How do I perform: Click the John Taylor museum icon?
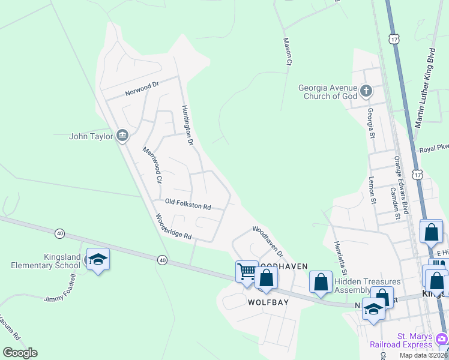tap(122, 136)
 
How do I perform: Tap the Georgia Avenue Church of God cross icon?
tap(366, 92)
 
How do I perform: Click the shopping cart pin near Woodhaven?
tap(247, 273)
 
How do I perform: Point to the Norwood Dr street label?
tap(141, 89)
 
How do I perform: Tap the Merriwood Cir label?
tap(152, 164)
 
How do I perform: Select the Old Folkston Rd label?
tap(188, 205)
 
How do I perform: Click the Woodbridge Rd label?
tap(173, 227)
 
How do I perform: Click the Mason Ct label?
tap(287, 51)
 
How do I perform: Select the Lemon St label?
tap(372, 191)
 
